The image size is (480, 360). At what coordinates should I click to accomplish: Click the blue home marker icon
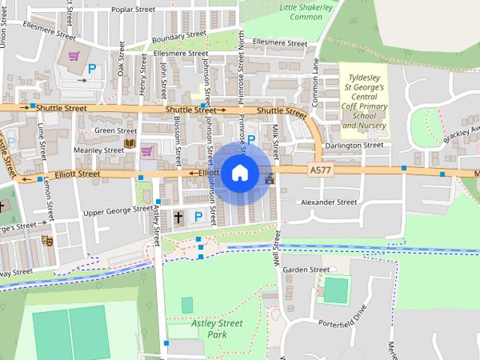239,172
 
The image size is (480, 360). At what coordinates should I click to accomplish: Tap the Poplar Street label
133,10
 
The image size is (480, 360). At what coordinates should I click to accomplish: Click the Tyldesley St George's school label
364,101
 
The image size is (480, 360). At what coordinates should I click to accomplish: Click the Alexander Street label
328,202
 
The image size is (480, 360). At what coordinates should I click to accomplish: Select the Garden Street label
306,270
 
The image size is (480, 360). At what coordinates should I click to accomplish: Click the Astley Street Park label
217,328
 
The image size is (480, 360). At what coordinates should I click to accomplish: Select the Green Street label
115,130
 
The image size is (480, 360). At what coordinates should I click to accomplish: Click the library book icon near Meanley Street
129,143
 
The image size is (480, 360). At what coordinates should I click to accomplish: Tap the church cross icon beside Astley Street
178,217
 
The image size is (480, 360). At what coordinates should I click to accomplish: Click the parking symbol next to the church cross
199,217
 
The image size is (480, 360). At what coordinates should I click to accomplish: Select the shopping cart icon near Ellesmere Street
73,56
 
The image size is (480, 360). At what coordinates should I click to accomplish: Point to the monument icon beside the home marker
269,178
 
